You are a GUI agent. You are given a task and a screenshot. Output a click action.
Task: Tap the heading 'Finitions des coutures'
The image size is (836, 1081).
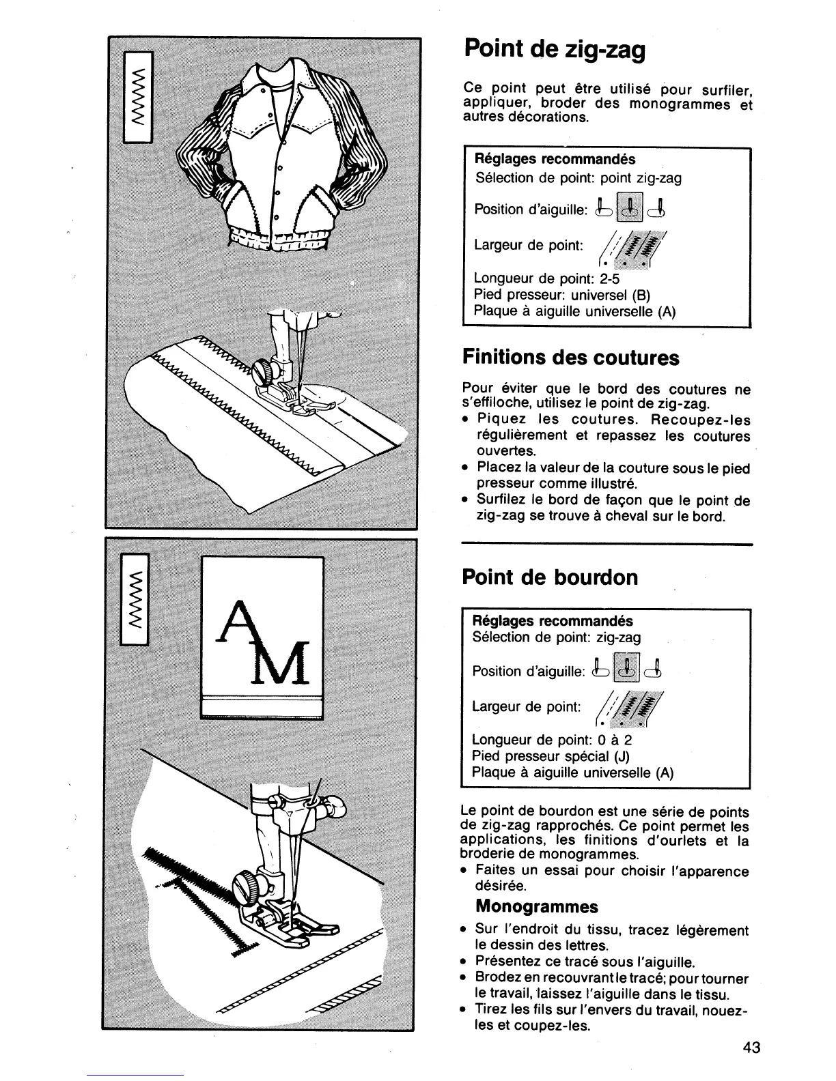[x=571, y=358]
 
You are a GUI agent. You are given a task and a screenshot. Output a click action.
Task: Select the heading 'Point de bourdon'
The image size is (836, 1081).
[x=550, y=577]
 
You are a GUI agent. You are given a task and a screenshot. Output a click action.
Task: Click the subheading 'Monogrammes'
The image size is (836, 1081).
[x=536, y=906]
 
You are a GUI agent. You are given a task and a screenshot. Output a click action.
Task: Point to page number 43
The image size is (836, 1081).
[x=752, y=1048]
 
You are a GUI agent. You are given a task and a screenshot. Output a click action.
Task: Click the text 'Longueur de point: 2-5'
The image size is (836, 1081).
[x=546, y=279]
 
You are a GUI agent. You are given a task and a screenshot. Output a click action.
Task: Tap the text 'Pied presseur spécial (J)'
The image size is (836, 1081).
[x=551, y=756]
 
